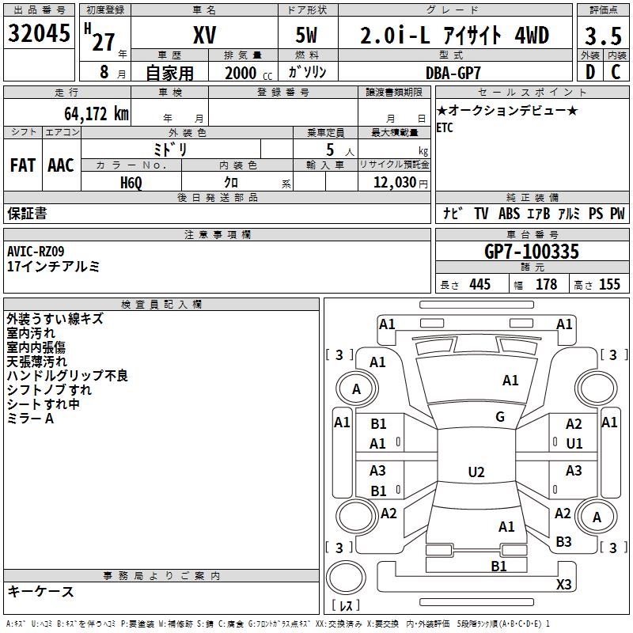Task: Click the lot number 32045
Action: [x=39, y=33]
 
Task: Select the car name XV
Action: [x=205, y=35]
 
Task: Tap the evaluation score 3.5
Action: [x=603, y=36]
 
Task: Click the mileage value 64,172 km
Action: [x=97, y=114]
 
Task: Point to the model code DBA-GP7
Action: [x=453, y=73]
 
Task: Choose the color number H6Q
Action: [x=131, y=183]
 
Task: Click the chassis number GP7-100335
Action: [x=532, y=252]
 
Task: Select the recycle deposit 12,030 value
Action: [x=394, y=183]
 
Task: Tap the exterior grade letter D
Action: [x=590, y=72]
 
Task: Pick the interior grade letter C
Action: [x=616, y=72]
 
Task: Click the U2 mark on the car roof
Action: [x=476, y=472]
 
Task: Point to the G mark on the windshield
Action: [x=500, y=417]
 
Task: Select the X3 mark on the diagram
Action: [x=563, y=584]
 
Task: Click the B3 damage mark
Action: [x=563, y=542]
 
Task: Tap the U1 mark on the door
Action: [x=574, y=444]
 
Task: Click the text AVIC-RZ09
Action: [x=36, y=252]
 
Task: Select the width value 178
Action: [x=546, y=284]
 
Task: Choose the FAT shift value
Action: [x=23, y=165]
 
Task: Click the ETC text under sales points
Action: [x=445, y=127]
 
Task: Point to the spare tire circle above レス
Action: [x=346, y=578]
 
